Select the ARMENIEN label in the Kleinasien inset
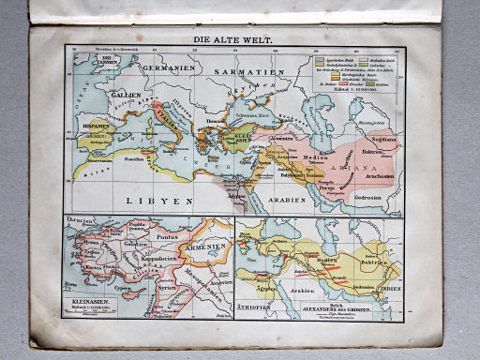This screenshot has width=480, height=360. click(204, 247)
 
